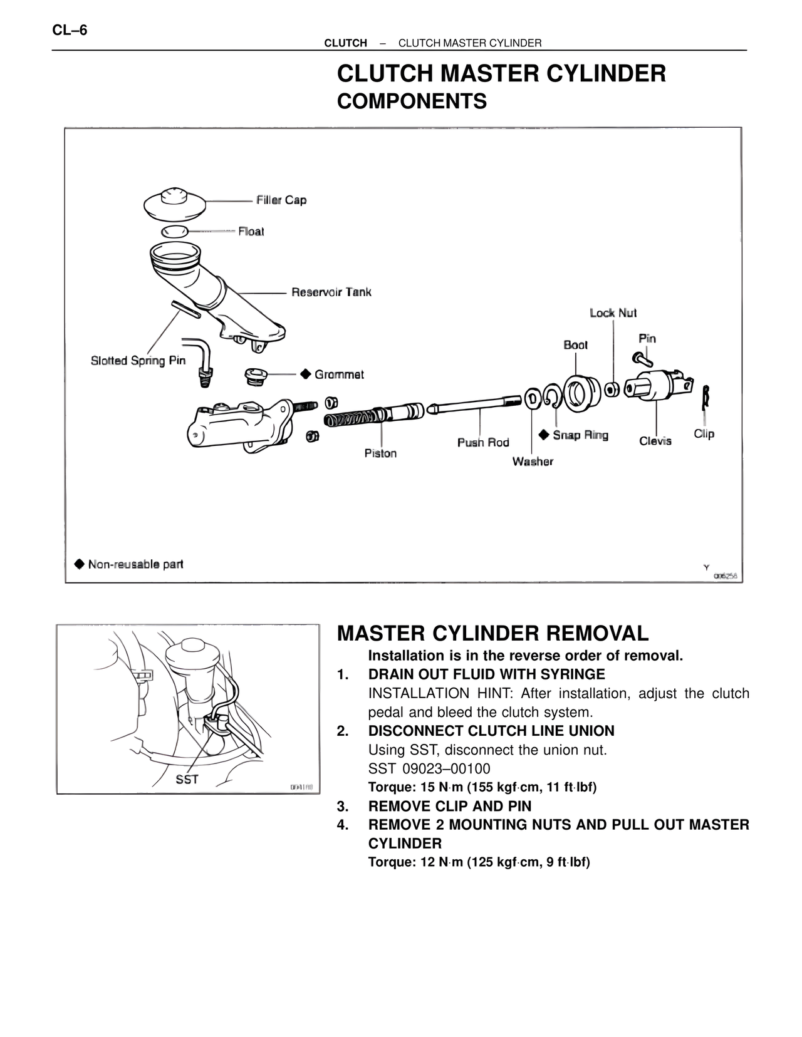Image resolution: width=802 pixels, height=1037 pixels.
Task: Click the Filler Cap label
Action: (281, 200)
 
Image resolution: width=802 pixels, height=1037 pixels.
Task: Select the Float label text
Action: (251, 232)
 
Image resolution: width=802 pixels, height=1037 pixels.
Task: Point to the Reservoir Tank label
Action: (331, 292)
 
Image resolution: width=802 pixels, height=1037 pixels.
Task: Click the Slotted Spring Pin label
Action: (138, 361)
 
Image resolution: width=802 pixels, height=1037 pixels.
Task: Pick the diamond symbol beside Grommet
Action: (305, 374)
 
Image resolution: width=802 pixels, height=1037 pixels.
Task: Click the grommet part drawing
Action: (255, 376)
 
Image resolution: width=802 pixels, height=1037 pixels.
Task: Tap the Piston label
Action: (380, 453)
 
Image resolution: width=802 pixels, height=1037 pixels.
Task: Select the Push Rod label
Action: (483, 443)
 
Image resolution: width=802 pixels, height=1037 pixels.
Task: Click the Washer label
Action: (533, 462)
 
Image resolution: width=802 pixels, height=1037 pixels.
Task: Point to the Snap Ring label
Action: (580, 435)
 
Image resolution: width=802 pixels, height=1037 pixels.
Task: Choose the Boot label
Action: (576, 345)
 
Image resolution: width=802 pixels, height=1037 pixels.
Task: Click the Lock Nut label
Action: (613, 313)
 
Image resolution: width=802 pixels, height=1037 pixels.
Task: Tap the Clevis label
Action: (655, 441)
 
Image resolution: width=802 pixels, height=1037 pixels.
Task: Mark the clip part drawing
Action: (706, 397)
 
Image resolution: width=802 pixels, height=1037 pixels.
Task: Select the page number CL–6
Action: (70, 29)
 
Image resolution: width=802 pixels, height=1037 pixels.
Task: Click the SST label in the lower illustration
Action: (187, 780)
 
